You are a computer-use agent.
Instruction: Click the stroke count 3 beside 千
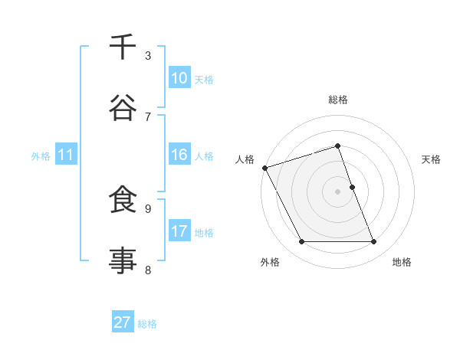coord(148,55)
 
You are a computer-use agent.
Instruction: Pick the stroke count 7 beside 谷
coord(148,116)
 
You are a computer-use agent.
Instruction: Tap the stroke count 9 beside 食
coord(148,208)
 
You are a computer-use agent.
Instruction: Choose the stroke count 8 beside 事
coord(148,269)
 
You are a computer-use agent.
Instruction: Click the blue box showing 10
coord(179,78)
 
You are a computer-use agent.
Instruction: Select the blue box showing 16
coord(179,155)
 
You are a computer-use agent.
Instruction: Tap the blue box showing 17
coord(179,231)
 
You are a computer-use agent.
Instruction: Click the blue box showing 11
coord(66,155)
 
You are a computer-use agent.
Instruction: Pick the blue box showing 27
coord(123,322)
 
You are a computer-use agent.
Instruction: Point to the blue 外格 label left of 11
coord(41,155)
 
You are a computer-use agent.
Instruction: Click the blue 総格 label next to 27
coord(148,323)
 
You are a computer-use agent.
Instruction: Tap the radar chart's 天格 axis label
coord(432,159)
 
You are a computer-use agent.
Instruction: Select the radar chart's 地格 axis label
coord(402,262)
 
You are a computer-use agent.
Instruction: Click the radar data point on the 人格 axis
coord(264,168)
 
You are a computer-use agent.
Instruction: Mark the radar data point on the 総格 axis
coord(337,146)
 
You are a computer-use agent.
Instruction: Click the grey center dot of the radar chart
coord(337,191)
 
